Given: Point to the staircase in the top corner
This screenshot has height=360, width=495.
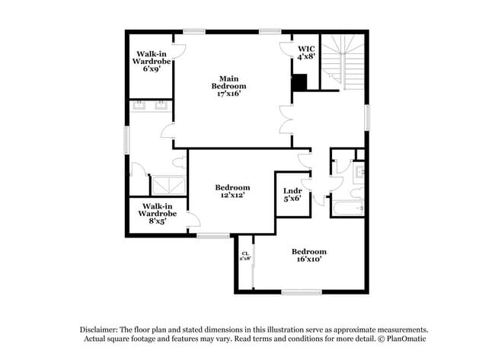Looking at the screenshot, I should tap(342, 61).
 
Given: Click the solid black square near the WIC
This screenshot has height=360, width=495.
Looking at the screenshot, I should tap(300, 82).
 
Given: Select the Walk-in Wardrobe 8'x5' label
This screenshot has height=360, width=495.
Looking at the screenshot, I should tap(158, 210).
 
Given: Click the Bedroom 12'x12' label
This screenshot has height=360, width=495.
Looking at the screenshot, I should tap(232, 191).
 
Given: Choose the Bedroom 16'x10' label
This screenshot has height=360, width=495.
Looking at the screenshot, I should tap(308, 255).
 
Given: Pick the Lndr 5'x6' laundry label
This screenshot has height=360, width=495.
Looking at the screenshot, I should tap(292, 194).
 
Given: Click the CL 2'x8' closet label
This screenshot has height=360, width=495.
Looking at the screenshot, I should tap(245, 256).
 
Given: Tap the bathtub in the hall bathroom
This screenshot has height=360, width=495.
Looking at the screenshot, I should tap(348, 207).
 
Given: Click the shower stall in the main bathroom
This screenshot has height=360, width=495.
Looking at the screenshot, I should tap(168, 186).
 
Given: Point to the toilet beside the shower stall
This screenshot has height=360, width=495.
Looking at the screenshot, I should tap(178, 162).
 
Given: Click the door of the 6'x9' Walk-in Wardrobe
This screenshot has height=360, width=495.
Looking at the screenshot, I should tap(180, 52).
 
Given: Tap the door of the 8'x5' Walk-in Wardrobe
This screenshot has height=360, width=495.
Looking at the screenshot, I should tap(193, 219).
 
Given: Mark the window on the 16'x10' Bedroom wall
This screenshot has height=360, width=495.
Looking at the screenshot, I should tap(302, 292).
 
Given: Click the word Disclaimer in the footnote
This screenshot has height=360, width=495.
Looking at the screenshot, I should tap(103, 328).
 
